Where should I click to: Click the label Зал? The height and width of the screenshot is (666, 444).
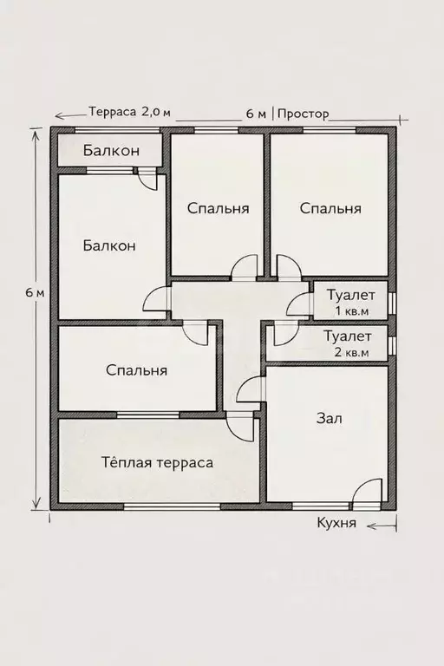(x=330, y=418)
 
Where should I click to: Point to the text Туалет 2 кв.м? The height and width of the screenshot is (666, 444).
(x=348, y=343)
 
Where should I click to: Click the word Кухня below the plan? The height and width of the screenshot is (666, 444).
(x=336, y=524)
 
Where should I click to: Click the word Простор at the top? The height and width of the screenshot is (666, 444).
(x=304, y=114)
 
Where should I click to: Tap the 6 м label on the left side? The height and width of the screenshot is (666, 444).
(x=35, y=292)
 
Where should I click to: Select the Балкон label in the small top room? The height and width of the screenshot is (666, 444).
(x=110, y=151)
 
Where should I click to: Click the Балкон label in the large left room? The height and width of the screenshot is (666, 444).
(x=109, y=245)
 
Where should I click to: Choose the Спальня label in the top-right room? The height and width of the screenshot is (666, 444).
(x=330, y=208)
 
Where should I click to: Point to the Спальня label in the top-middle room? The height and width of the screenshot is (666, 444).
(x=219, y=208)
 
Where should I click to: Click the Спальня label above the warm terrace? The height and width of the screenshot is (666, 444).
(x=136, y=370)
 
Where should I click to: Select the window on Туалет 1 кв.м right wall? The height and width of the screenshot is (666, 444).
(x=392, y=303)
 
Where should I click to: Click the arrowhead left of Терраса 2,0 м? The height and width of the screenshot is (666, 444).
(x=59, y=114)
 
